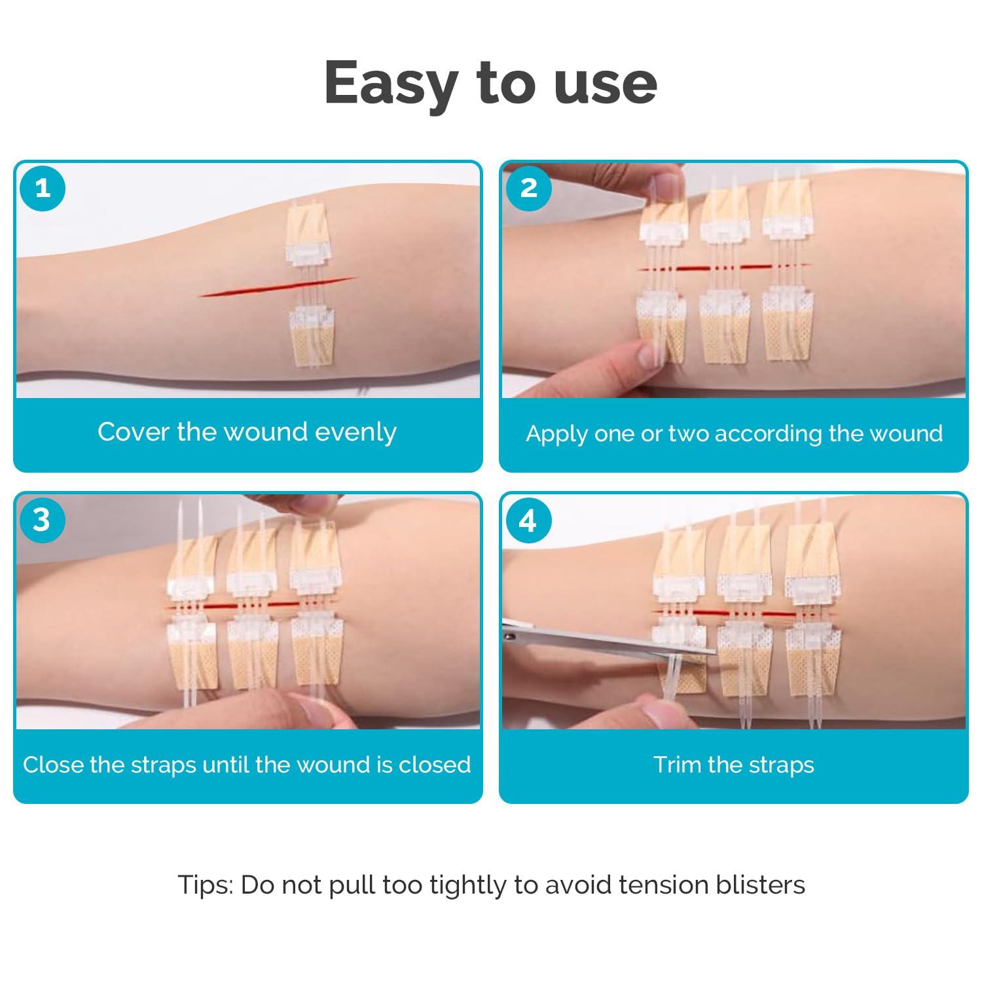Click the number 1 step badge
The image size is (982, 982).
(43, 189)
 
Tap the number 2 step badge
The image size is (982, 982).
(528, 189)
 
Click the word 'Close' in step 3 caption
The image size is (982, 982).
(53, 765)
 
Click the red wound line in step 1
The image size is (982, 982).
(278, 287)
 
